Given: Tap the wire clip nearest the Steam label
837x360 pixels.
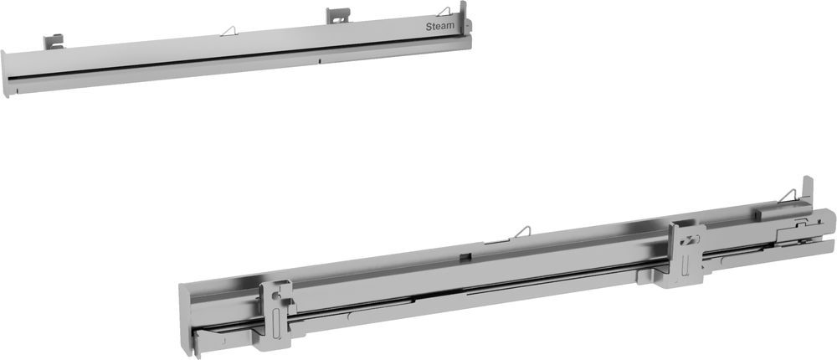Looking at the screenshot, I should point(443,12).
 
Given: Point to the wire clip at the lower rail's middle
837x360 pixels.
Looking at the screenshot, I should point(521,233).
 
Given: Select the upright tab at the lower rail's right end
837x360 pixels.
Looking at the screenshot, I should point(808,191).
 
